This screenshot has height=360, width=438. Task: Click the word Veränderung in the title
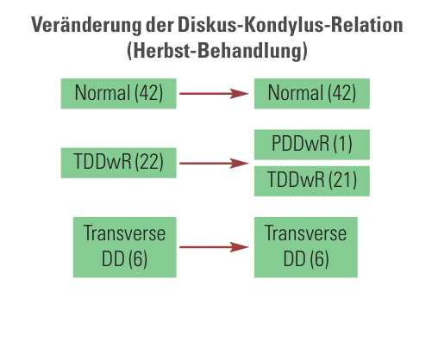[86, 25]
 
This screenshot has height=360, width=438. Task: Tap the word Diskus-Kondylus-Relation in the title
[291, 25]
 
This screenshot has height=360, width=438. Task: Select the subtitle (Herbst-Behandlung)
[217, 51]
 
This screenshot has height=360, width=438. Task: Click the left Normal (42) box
[118, 94]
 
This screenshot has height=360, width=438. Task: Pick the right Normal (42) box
[312, 94]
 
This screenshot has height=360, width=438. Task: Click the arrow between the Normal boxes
[214, 94]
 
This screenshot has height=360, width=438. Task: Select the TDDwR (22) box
[118, 163]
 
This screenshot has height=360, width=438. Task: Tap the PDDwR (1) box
[312, 145]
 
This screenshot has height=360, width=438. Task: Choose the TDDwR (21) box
[312, 181]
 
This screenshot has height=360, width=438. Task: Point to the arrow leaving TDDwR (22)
[214, 164]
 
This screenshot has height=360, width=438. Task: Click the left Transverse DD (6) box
[125, 247]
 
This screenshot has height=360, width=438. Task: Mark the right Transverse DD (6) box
[306, 247]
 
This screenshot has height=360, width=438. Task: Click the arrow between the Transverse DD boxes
[214, 247]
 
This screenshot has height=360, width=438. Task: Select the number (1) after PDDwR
[343, 144]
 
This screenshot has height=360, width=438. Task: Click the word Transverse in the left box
[124, 233]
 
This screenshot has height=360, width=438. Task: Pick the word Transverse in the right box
[305, 233]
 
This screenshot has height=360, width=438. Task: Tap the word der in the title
[160, 25]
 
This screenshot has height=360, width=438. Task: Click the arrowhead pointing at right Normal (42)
[240, 94]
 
